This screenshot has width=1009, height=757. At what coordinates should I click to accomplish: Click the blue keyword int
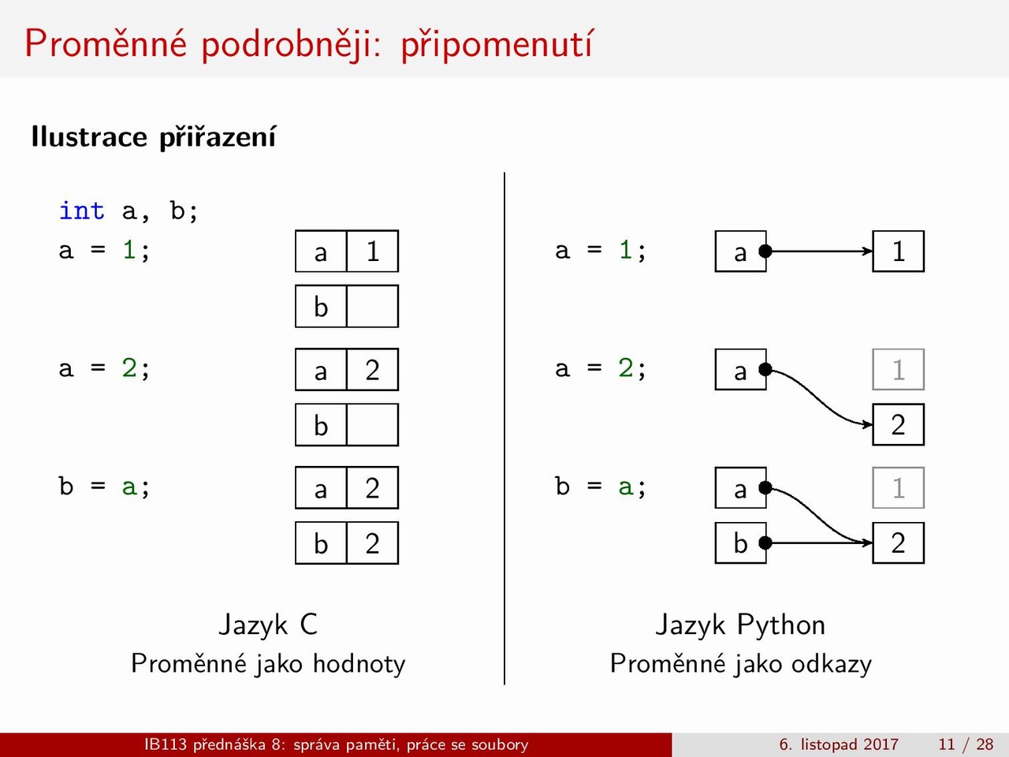click(x=82, y=211)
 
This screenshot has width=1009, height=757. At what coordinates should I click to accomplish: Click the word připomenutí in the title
click(x=497, y=44)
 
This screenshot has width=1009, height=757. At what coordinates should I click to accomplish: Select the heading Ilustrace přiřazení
click(x=154, y=137)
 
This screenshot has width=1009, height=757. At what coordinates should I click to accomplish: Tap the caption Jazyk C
click(x=268, y=625)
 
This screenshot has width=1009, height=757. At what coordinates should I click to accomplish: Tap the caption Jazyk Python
click(x=740, y=625)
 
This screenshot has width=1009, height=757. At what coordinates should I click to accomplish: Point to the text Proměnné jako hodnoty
click(x=268, y=664)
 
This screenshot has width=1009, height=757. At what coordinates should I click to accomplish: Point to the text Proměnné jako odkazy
click(x=740, y=664)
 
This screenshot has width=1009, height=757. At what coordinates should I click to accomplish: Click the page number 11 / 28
click(x=966, y=744)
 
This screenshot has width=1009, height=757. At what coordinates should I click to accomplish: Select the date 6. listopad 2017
click(x=839, y=744)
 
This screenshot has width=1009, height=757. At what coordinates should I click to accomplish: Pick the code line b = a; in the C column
click(x=104, y=486)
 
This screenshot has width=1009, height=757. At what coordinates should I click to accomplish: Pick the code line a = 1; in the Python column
click(x=601, y=251)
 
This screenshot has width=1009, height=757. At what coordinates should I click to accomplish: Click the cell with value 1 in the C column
click(x=372, y=251)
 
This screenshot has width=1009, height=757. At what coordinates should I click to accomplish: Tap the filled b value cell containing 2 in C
click(x=372, y=543)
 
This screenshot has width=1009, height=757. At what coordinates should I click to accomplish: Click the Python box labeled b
click(x=740, y=543)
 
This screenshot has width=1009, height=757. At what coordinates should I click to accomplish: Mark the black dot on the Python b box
click(x=765, y=543)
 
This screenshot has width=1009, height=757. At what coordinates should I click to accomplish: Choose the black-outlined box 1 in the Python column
click(x=898, y=251)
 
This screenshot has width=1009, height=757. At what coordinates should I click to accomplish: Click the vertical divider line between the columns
click(x=504, y=428)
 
